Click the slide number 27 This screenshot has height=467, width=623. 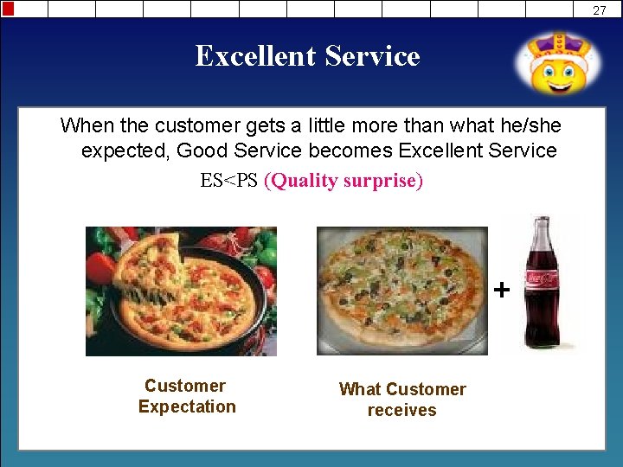coord(600,10)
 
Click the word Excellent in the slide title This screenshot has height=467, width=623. coord(256,56)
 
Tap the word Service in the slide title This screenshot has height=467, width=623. coord(372,56)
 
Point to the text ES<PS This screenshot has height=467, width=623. coord(228,182)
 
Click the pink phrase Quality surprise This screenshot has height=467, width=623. coord(344,182)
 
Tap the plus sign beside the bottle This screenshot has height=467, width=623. coord(501,289)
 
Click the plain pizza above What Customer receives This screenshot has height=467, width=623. coord(401,290)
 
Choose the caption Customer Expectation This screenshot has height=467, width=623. coord(186,396)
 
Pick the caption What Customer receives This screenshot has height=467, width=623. coord(401,400)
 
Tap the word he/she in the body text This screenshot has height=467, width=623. coord(530,125)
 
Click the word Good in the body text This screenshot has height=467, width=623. coord(199,150)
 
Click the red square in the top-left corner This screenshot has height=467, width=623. coord(8,9)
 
